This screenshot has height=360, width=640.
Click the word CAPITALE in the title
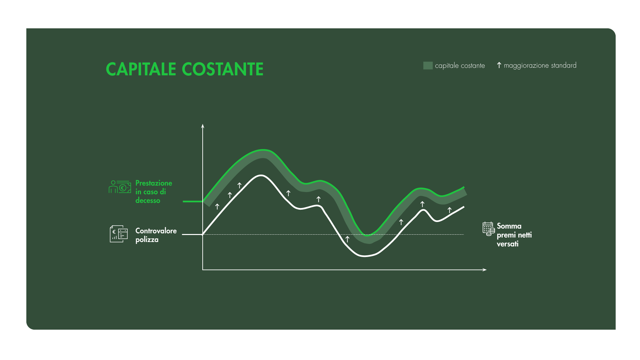click(x=141, y=69)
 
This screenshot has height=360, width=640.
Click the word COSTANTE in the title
click(x=222, y=69)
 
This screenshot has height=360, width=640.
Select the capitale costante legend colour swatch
click(x=428, y=66)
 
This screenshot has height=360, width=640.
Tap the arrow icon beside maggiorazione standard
click(x=499, y=65)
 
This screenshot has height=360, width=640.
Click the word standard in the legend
click(x=563, y=65)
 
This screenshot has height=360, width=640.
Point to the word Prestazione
click(x=154, y=183)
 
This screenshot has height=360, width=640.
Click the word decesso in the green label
click(x=148, y=201)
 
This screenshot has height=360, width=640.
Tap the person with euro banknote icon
click(x=119, y=187)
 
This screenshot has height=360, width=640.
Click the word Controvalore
click(x=156, y=231)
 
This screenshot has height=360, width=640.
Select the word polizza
click(x=147, y=240)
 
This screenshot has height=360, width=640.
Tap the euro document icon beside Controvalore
click(x=119, y=234)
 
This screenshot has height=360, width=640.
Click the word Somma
click(x=509, y=226)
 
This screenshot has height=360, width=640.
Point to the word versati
click(x=507, y=244)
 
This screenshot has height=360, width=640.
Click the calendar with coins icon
click(x=489, y=229)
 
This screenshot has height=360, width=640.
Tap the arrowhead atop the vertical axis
click(x=203, y=126)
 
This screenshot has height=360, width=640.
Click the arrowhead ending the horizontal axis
click(x=485, y=270)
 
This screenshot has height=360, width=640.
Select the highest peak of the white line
click(x=261, y=175)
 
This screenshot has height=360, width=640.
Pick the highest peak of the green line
click(x=263, y=150)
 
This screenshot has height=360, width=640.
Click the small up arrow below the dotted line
click(x=347, y=239)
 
